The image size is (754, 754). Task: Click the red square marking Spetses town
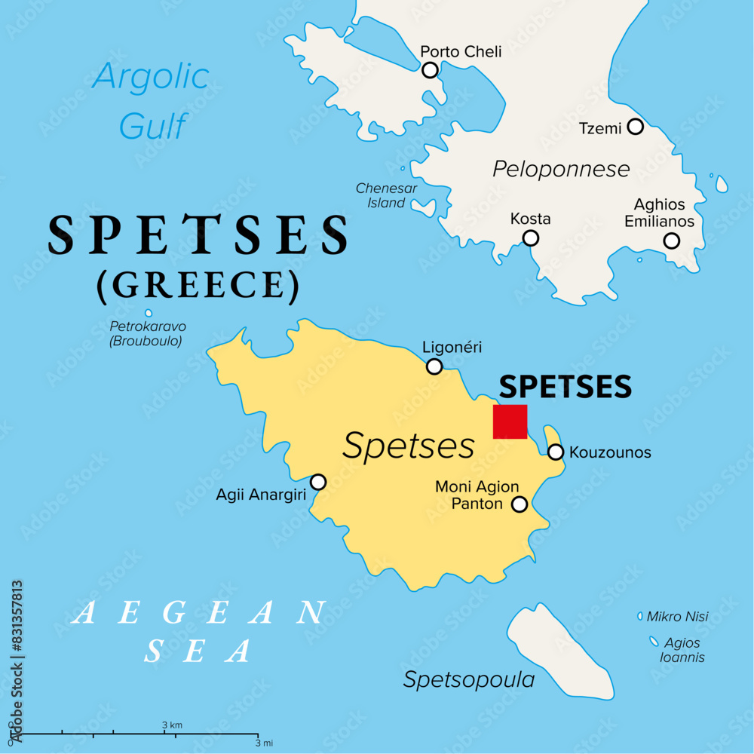pos(510,421)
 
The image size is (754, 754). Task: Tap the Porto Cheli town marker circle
pos(430,70)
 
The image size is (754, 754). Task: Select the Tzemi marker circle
pos(636,127)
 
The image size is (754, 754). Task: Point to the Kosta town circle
pos(531,238)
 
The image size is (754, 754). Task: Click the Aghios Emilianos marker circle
pos(671,241)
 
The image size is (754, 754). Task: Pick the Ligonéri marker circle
pos(434,366)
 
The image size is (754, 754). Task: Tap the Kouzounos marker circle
pos(556,452)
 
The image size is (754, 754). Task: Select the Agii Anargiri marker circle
pos(318,481)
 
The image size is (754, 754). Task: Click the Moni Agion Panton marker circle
pos(520,504)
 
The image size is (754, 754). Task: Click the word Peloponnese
pos(561,169)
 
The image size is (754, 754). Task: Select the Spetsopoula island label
pos(469,679)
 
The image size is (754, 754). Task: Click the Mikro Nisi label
pos(677,617)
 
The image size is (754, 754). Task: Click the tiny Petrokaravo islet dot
pos(149,313)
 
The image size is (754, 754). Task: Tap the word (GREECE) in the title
pos(198,284)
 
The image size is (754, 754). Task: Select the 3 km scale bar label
pos(172,725)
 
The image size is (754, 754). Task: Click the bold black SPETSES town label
pos(565,386)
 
